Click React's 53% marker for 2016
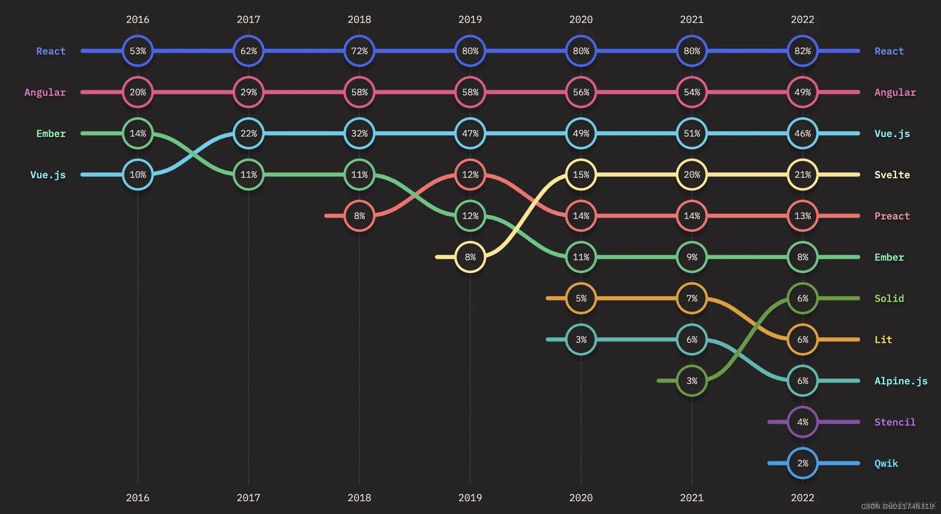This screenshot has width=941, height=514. tap(138, 51)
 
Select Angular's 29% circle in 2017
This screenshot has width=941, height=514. tap(249, 92)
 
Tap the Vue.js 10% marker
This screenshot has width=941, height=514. tap(138, 175)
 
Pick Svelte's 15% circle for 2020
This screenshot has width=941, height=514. tap(581, 175)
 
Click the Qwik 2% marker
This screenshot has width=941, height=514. tap(802, 463)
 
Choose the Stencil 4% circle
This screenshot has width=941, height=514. tap(802, 422)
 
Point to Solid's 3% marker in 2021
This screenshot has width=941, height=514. tap(692, 381)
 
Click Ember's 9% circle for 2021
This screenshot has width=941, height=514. tap(692, 257)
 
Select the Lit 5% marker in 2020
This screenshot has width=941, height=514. tap(581, 298)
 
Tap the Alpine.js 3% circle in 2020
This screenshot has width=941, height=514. tap(581, 339)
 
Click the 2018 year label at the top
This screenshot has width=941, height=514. tap(359, 19)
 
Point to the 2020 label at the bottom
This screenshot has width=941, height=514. tap(581, 498)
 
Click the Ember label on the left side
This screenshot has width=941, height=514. tap(51, 133)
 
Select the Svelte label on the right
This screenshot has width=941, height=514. tap(892, 175)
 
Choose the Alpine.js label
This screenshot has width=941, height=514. tap(901, 381)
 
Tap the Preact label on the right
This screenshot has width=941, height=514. tap(892, 216)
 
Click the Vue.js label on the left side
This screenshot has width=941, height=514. tap(48, 175)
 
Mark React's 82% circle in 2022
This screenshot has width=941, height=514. tap(802, 51)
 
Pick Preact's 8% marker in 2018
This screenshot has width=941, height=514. tap(359, 216)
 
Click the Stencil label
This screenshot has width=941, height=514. tap(895, 422)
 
